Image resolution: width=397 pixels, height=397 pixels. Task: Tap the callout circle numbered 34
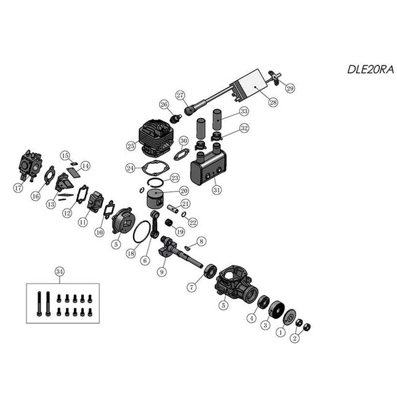58,271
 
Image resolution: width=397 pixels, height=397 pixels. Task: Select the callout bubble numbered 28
273,103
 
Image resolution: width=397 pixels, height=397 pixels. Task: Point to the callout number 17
17,189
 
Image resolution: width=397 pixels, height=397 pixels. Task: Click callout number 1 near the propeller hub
281,331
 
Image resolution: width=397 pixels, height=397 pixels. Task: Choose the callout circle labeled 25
130,146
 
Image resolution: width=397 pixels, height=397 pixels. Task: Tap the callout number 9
162,270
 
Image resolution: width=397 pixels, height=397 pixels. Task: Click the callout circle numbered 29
290,88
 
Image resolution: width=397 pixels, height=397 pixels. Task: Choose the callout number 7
192,287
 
